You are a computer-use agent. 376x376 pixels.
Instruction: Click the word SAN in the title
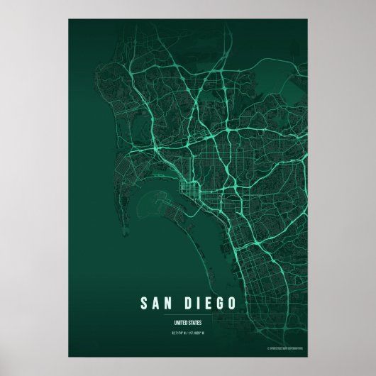(157, 304)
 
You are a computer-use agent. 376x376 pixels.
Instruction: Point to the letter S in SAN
(145, 304)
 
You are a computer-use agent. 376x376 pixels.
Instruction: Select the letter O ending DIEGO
(233, 304)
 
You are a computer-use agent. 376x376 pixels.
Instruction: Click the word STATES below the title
(196, 321)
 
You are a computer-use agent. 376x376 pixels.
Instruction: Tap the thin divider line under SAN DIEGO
(189, 314)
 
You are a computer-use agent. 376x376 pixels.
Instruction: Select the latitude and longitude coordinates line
(189, 330)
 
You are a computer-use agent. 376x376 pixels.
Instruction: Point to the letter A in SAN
(157, 304)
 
